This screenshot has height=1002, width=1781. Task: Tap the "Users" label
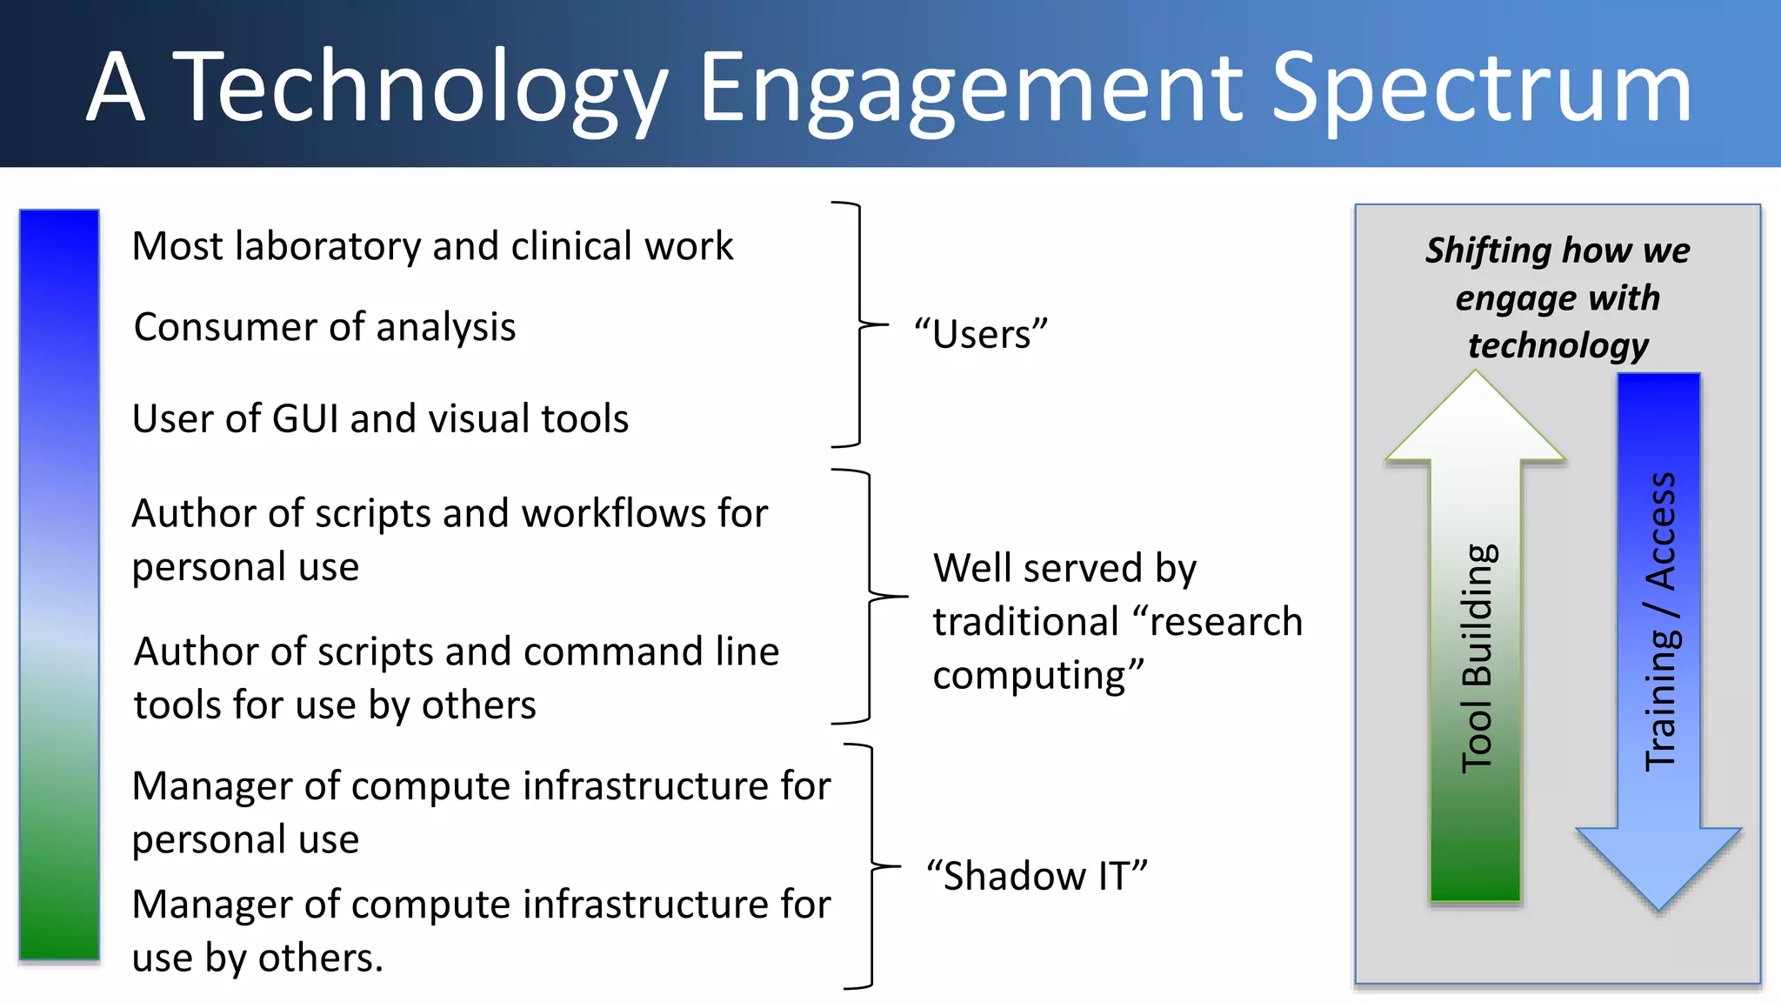coord(981,334)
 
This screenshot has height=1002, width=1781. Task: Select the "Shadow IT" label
coord(1037,875)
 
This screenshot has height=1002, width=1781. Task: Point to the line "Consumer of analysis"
coord(324,328)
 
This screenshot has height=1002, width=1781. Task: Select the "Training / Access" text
coord(1661,622)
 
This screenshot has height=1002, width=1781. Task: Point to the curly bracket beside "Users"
coord(860,324)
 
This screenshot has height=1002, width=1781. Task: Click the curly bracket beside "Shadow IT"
coord(872,866)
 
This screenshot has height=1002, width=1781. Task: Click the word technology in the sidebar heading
coord(1558,345)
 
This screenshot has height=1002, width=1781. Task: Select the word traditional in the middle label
coord(1025,622)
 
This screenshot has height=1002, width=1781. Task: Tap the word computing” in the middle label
coord(1037,676)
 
